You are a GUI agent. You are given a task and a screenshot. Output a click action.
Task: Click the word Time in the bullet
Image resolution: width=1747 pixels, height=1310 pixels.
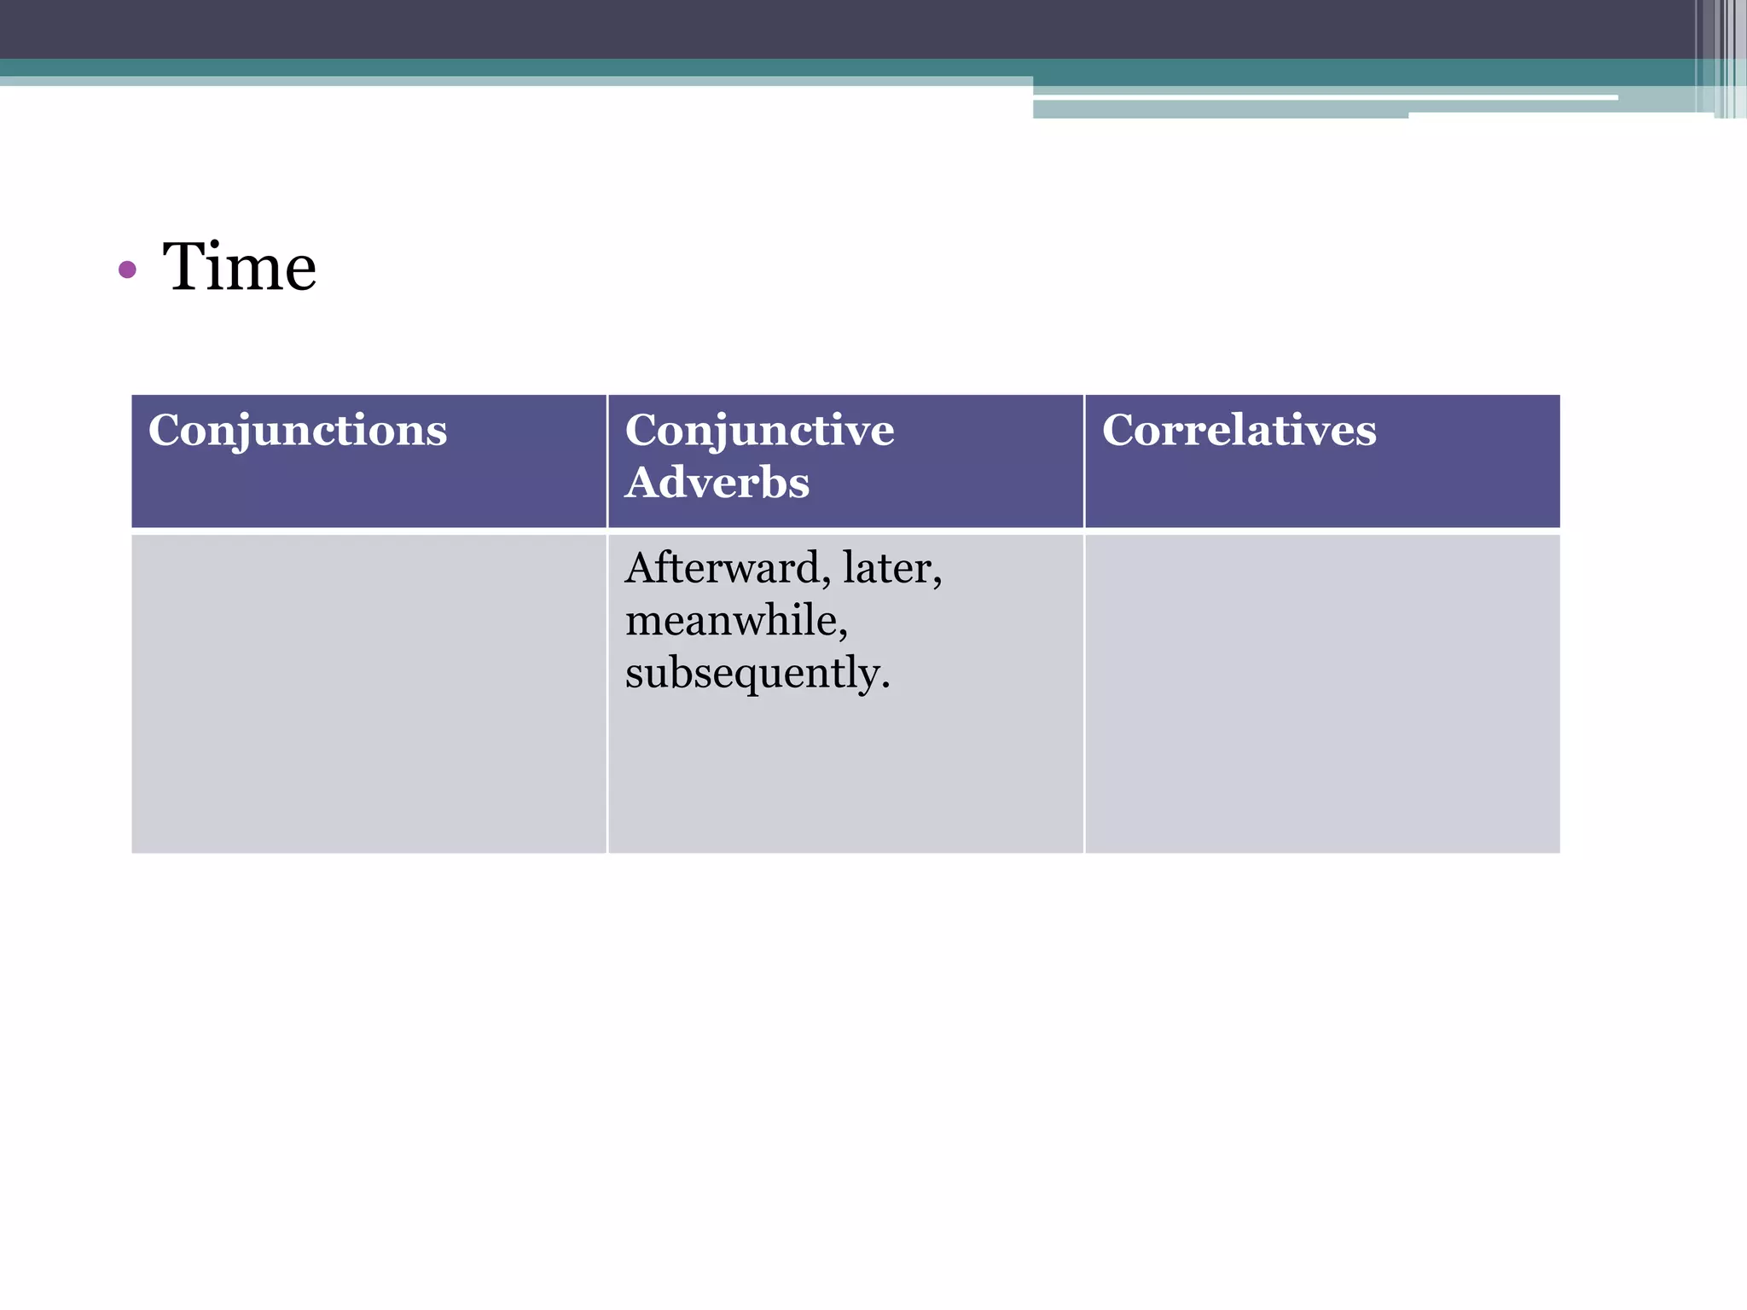pos(240,267)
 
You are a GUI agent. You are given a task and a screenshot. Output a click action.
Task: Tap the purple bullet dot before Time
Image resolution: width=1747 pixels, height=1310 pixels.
pos(128,270)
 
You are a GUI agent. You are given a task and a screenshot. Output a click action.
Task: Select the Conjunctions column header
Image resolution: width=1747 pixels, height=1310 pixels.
pos(298,430)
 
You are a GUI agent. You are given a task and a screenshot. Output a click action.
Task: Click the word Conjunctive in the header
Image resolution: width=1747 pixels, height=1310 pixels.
pos(759,430)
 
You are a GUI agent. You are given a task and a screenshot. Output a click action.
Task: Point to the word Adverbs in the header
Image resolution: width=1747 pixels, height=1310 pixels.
pos(717,483)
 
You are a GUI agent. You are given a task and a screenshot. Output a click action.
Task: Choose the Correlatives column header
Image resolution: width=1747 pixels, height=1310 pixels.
pos(1239,430)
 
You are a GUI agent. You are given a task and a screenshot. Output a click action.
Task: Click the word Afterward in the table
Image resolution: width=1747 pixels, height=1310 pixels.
pos(722,568)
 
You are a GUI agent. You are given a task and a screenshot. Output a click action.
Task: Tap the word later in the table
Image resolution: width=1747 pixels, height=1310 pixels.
pos(887,568)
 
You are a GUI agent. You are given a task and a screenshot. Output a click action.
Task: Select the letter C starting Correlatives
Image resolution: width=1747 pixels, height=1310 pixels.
pos(1119,430)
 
